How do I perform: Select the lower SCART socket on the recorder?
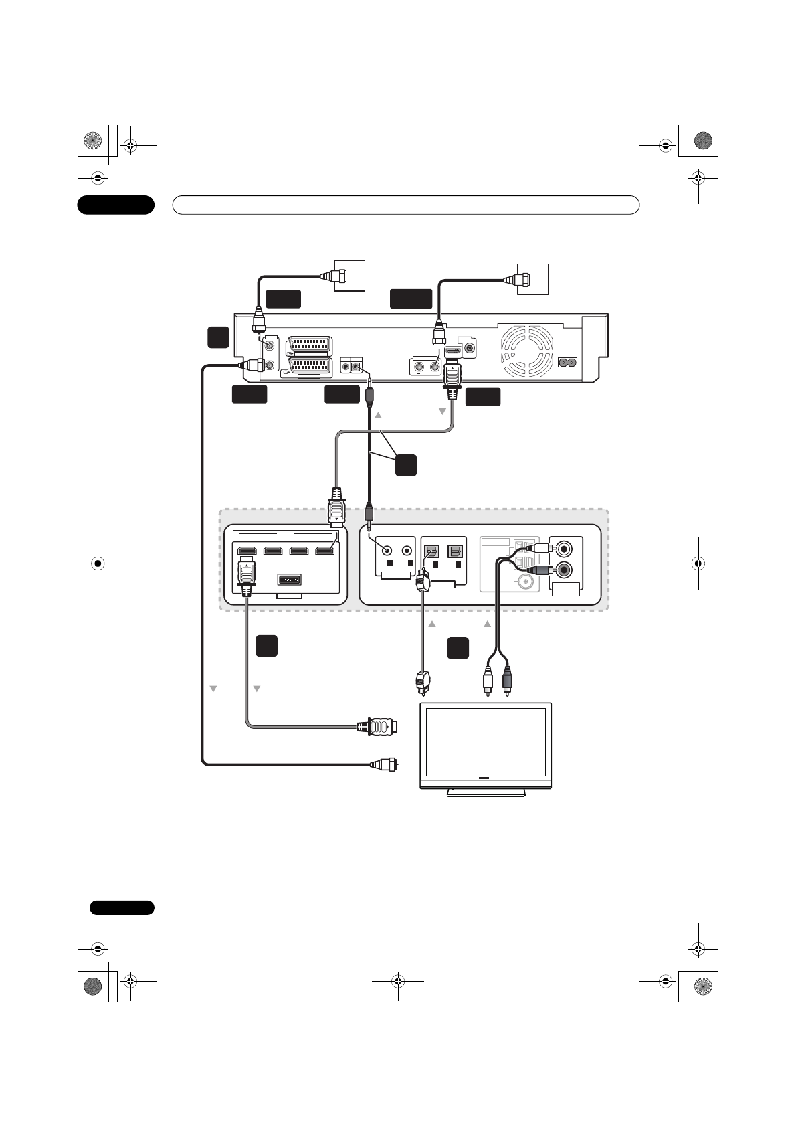tap(308, 367)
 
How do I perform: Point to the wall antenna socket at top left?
tap(350, 275)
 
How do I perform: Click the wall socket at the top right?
tap(534, 279)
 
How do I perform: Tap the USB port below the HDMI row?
tap(289, 579)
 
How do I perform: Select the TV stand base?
tap(486, 792)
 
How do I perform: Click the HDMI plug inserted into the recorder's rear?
tap(452, 380)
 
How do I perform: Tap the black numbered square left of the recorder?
tap(218, 337)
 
